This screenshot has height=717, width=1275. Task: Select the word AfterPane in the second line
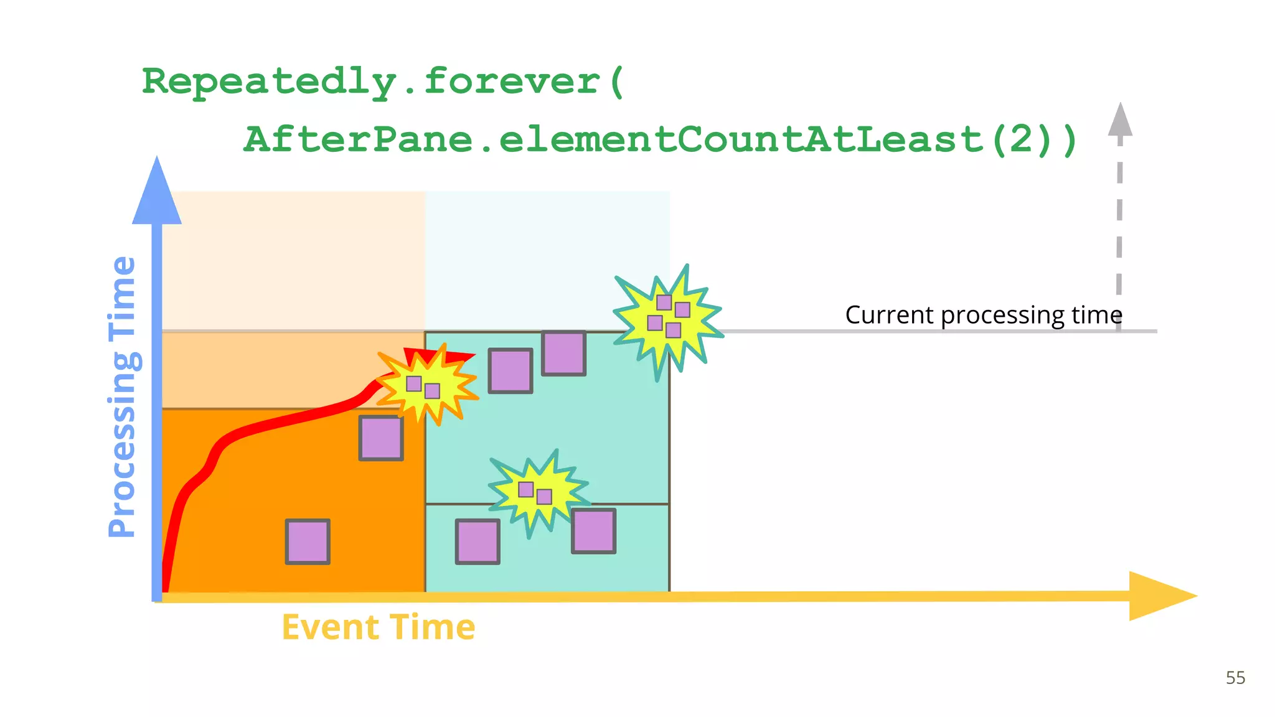(x=358, y=139)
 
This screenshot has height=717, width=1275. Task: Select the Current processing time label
(x=983, y=315)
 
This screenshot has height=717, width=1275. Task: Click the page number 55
(x=1235, y=678)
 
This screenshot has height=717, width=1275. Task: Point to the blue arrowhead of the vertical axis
(x=157, y=193)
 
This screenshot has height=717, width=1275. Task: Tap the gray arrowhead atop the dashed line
(x=1120, y=121)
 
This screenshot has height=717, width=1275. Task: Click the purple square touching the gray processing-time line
(x=563, y=354)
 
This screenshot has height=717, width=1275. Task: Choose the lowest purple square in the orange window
(x=308, y=541)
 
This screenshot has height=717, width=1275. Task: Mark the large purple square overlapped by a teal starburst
(x=594, y=531)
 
